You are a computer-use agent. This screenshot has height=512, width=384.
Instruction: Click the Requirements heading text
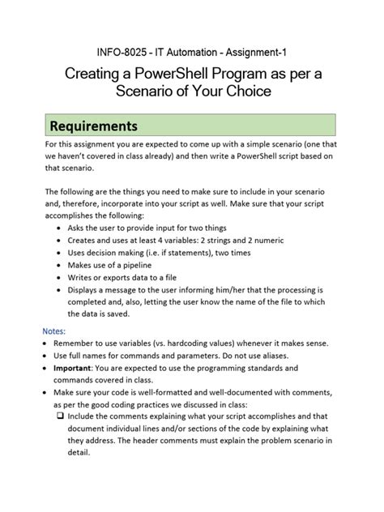point(94,126)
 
